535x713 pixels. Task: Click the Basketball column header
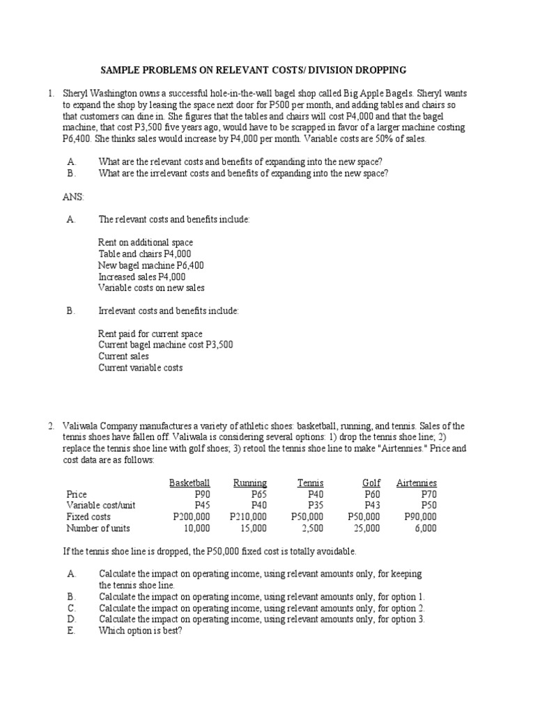click(189, 483)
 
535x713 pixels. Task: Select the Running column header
click(249, 483)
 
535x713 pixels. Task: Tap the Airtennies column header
click(416, 483)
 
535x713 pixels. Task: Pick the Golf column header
click(371, 483)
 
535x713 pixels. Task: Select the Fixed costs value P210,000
click(247, 517)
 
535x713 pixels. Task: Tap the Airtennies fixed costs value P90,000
click(420, 517)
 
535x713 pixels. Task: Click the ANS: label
click(73, 197)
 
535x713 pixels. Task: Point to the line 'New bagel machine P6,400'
click(150, 265)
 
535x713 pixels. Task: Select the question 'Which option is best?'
click(141, 630)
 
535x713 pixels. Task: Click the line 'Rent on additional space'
click(146, 242)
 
